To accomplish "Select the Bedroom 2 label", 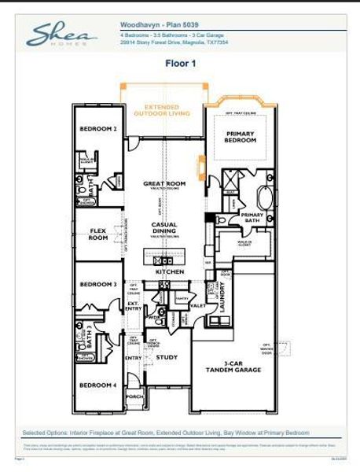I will [x=99, y=128].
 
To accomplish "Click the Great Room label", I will [x=164, y=183].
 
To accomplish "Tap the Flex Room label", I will [x=98, y=234].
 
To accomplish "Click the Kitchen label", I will [x=169, y=271].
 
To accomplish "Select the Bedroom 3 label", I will [x=99, y=284].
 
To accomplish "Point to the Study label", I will [x=167, y=357].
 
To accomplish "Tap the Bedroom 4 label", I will [x=99, y=385].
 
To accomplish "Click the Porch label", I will [x=134, y=396].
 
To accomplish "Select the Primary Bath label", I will [x=252, y=217].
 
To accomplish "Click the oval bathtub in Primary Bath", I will [x=264, y=196].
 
